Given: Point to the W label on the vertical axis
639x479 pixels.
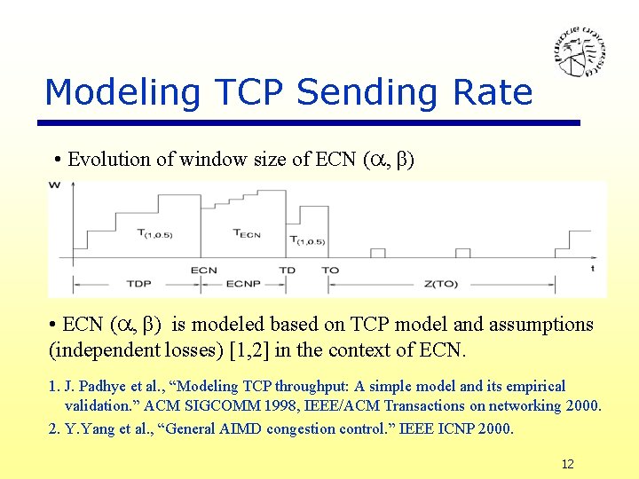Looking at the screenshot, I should coord(55,185).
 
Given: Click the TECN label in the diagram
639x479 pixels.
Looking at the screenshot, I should coord(246,233).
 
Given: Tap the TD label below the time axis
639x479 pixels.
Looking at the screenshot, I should coord(287,270).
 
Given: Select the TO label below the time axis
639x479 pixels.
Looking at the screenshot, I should coord(329,270).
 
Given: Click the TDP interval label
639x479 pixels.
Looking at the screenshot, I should coord(138,286).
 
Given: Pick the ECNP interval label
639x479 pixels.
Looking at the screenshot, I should coord(243,286).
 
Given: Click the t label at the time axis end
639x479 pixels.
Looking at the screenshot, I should coord(592,268).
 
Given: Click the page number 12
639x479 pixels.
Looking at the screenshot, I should coord(568,464).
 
